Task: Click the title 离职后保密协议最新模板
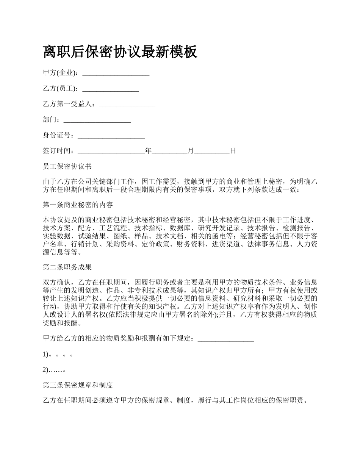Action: (120, 52)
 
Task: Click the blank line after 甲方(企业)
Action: (116, 73)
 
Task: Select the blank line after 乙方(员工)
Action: (110, 89)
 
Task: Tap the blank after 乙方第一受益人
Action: (127, 104)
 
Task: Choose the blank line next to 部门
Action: (97, 120)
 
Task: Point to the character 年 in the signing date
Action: (148, 151)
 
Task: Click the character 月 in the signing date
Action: (190, 151)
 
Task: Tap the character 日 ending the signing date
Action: (233, 151)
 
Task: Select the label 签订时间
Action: (57, 151)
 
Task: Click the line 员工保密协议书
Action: (67, 166)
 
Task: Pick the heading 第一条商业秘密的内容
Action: (78, 205)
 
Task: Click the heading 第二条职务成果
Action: (67, 267)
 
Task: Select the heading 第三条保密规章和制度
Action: (78, 385)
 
